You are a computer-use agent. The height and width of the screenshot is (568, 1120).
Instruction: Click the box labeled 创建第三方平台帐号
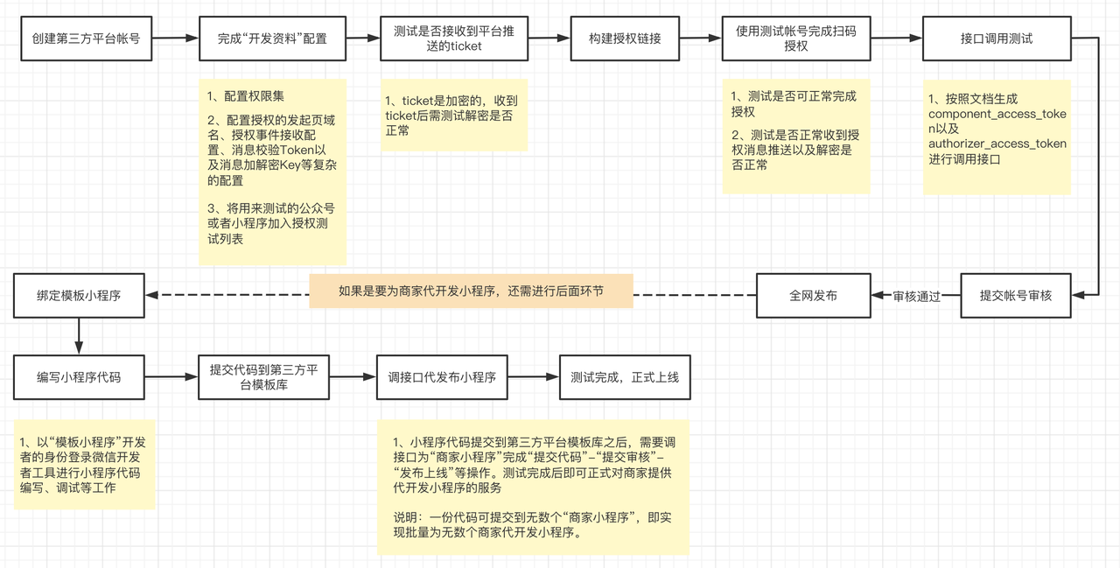[x=86, y=39]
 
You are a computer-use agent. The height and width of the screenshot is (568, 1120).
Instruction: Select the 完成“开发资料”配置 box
[x=272, y=39]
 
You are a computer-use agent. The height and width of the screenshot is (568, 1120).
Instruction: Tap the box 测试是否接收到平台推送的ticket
[x=453, y=39]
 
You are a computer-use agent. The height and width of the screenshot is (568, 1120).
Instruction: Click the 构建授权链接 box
[x=625, y=39]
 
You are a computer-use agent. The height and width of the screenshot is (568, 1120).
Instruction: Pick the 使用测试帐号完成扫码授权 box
[x=795, y=39]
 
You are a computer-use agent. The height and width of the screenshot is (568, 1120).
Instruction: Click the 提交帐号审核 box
[x=1015, y=296]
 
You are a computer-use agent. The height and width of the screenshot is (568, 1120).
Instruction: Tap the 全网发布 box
[x=813, y=296]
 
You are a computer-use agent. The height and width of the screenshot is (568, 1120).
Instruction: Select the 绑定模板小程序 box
[x=79, y=296]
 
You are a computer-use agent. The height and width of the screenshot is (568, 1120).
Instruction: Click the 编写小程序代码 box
[x=79, y=378]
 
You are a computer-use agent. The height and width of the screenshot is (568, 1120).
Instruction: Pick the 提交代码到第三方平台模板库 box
[x=263, y=378]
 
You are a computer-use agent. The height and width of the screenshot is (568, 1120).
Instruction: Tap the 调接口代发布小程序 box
[x=442, y=378]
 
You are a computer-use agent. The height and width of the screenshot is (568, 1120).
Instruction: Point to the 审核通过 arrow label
[x=916, y=297]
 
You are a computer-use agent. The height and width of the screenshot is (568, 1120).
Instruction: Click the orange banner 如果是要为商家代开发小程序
[x=471, y=291]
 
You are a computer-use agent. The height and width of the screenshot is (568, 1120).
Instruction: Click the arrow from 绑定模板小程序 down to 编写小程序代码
[x=79, y=335]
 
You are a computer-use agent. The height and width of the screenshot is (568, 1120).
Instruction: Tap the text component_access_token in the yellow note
[x=997, y=115]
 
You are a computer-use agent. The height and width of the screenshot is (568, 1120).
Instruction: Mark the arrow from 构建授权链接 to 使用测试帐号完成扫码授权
[x=700, y=39]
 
